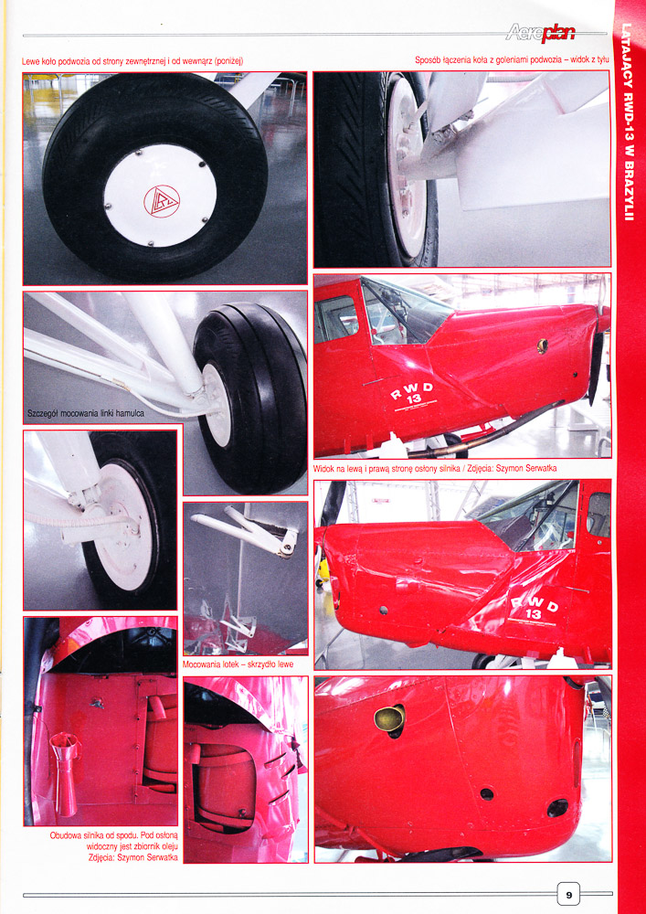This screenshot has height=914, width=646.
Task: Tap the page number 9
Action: point(568,894)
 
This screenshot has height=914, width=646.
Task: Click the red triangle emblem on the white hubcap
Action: point(162,201)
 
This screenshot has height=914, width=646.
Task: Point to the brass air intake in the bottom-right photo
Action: point(389,718)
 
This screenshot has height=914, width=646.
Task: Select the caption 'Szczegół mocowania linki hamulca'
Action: point(85,414)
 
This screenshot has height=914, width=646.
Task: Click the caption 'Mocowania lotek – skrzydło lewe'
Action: point(238,664)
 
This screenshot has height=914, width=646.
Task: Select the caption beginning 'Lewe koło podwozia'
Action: point(132,61)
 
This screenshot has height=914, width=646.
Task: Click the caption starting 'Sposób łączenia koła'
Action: point(512,60)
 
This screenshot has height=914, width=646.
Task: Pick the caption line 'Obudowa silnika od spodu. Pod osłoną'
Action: point(113,835)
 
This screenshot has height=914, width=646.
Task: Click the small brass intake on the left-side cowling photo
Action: point(543,345)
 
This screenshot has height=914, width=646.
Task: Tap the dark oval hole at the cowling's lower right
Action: point(557,807)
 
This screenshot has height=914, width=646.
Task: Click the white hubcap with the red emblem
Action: point(160,196)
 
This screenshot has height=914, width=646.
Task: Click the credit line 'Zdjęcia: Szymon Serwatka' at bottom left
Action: point(133,857)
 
